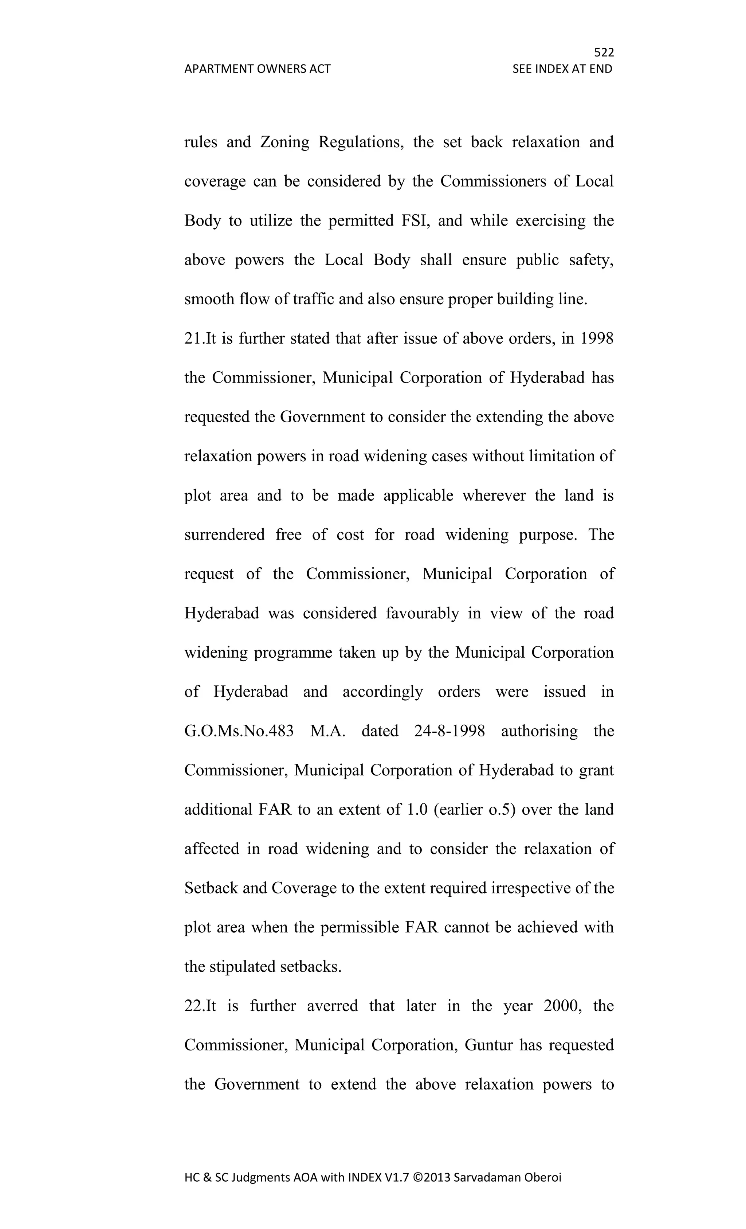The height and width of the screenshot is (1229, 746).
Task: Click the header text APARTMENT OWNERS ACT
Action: point(257,69)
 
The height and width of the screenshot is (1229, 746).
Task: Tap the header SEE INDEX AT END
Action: point(562,69)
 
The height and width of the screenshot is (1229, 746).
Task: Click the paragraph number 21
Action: point(192,338)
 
